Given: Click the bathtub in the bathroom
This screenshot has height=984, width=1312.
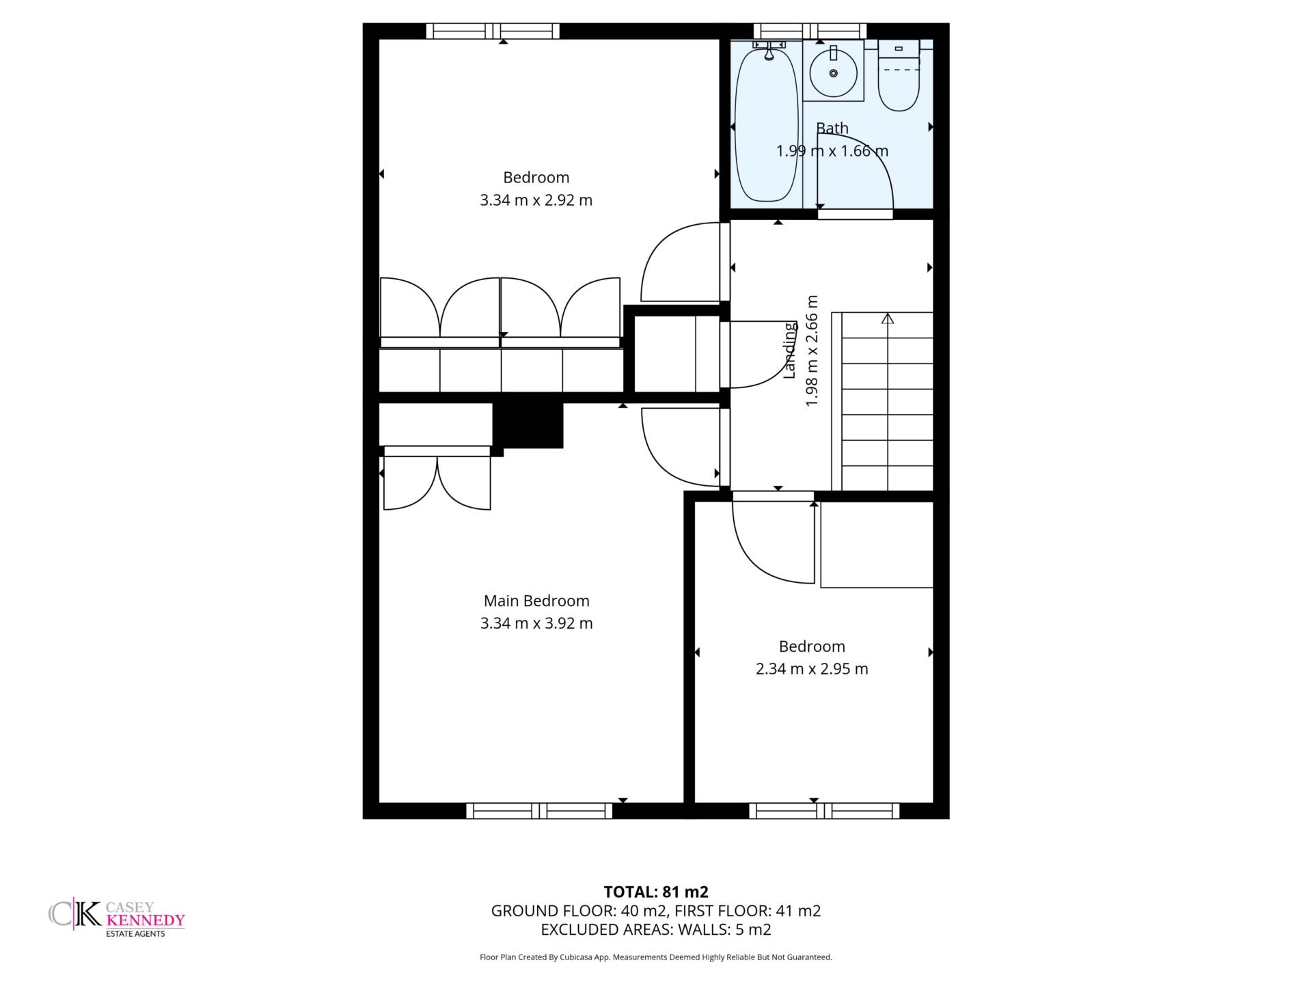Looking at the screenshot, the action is pyautogui.click(x=766, y=123).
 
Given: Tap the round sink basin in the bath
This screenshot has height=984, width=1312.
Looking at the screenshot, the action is pyautogui.click(x=833, y=72).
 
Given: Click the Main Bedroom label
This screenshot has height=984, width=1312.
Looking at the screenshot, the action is pyautogui.click(x=536, y=601).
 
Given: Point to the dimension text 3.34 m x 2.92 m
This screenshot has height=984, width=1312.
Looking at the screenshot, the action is pyautogui.click(x=536, y=200).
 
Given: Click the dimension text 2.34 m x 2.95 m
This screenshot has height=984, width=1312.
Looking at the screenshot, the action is pyautogui.click(x=812, y=669).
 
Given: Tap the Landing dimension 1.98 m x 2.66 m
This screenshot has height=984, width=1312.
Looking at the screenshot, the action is pyautogui.click(x=812, y=351).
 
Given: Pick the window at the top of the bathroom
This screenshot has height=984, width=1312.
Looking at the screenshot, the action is pyautogui.click(x=810, y=31).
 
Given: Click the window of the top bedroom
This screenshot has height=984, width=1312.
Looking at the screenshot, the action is pyautogui.click(x=493, y=31).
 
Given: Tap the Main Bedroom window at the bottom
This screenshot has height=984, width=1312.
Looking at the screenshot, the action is pyautogui.click(x=540, y=810).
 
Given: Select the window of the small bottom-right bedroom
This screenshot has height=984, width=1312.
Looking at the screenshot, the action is pyautogui.click(x=824, y=810).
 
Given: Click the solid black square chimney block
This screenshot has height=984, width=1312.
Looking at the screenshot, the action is pyautogui.click(x=528, y=425).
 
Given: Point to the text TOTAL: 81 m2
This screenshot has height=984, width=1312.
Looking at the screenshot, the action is pyautogui.click(x=656, y=892).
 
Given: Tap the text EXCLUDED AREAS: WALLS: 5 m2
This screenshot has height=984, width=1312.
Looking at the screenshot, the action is pyautogui.click(x=656, y=929).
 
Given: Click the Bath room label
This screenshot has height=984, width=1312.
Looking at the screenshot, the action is pyautogui.click(x=832, y=128).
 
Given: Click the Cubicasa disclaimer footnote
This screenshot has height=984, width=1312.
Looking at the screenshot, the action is pyautogui.click(x=656, y=957).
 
